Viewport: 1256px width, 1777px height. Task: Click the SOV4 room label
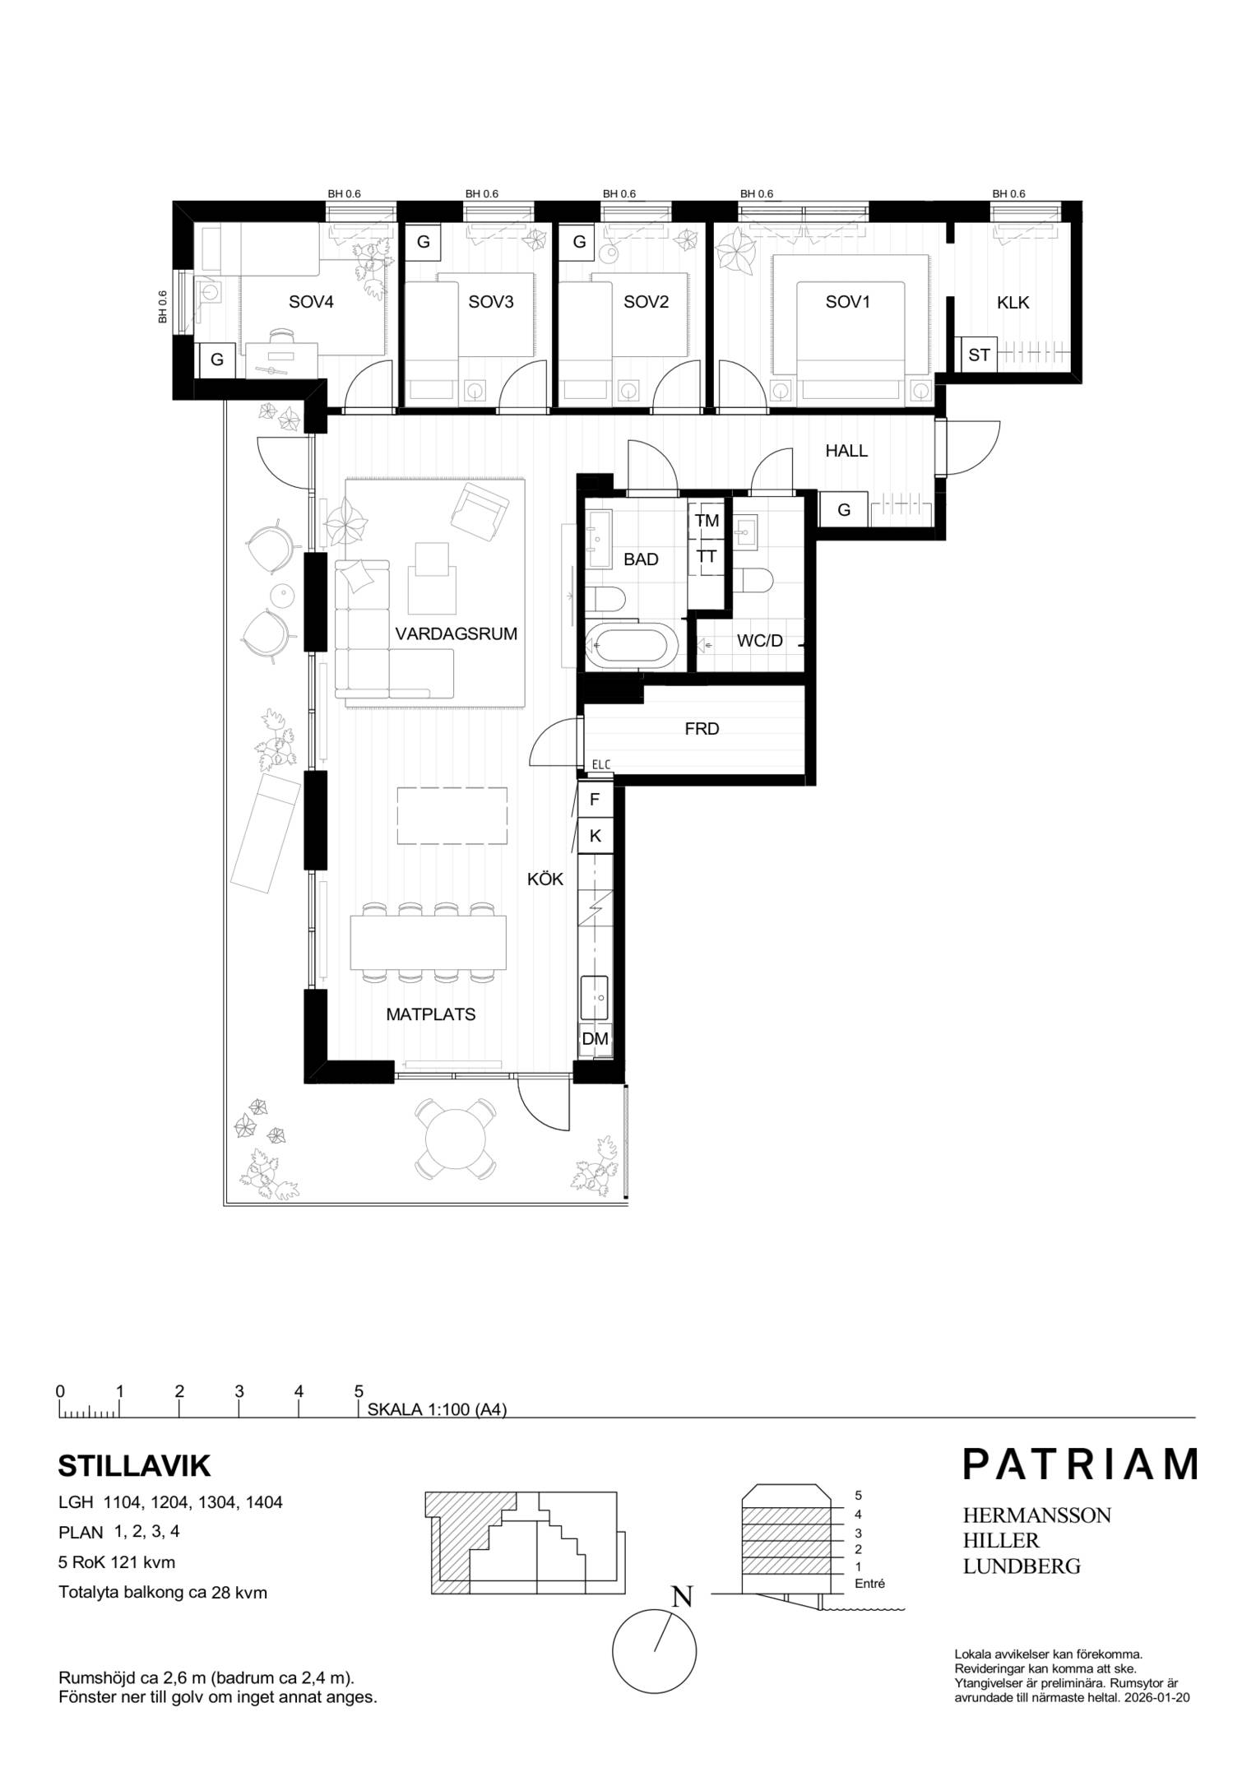coord(311,302)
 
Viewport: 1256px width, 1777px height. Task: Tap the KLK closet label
coord(1013,302)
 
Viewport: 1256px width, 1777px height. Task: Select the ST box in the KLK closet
coord(978,355)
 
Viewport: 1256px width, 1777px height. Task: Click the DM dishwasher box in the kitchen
coord(595,1039)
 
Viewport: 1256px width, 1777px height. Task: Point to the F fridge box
coord(595,799)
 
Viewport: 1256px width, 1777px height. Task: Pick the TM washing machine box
coord(707,520)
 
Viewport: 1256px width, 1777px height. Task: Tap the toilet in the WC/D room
coord(752,582)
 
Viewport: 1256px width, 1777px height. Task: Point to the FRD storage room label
coord(702,729)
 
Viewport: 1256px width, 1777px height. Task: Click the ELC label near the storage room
coord(601,765)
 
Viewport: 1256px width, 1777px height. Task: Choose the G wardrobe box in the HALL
coord(843,510)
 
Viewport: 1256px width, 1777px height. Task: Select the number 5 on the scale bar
coord(359,1392)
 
